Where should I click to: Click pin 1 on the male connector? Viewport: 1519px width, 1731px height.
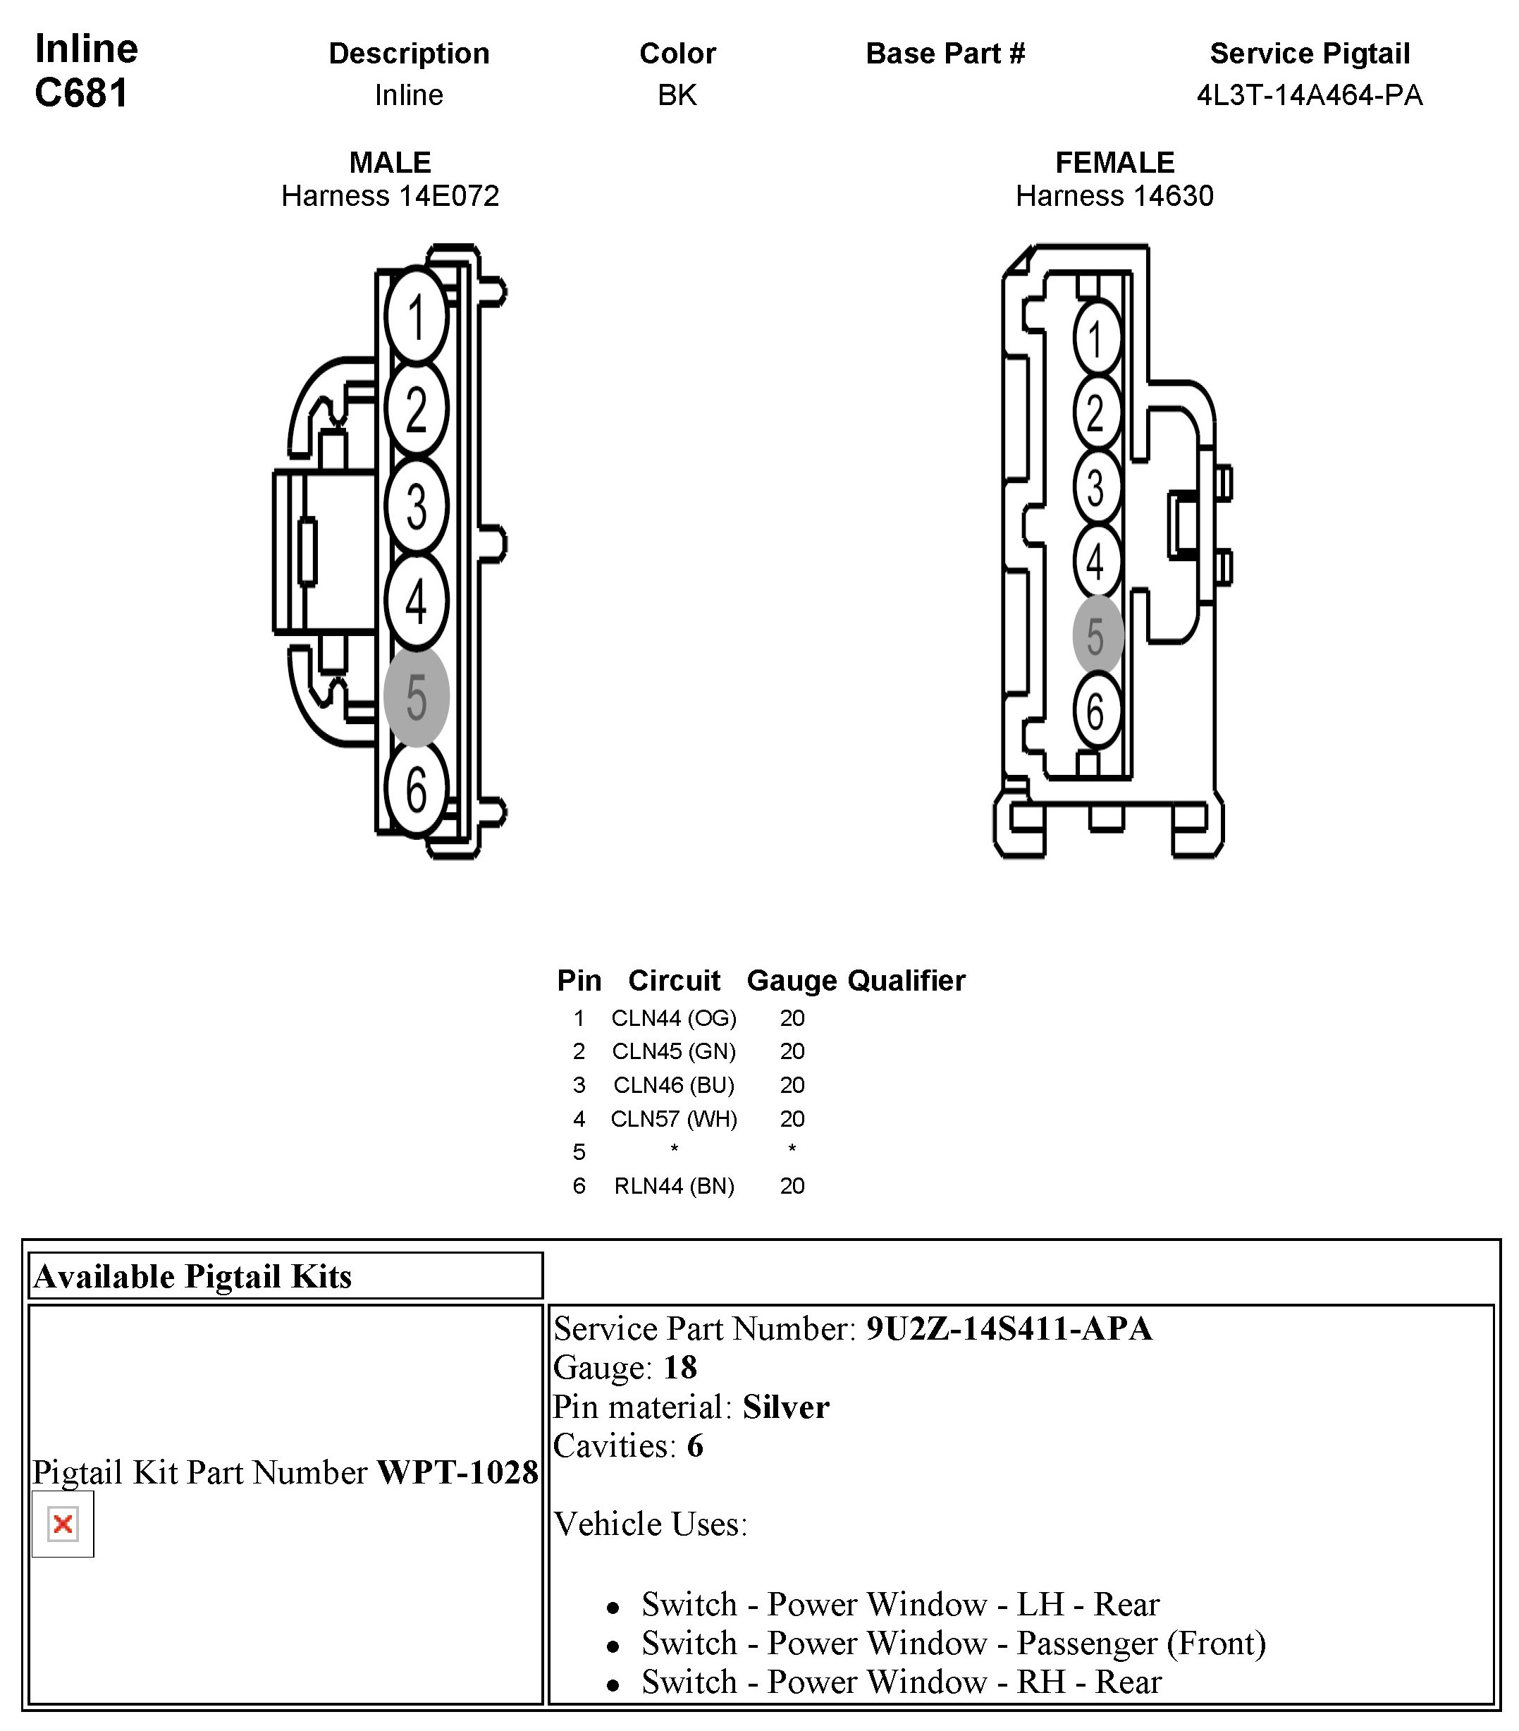click(415, 316)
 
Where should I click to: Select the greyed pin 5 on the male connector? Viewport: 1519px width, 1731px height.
click(416, 696)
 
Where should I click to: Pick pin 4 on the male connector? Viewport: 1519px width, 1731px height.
click(416, 601)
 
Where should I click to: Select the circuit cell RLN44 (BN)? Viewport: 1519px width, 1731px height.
click(673, 1186)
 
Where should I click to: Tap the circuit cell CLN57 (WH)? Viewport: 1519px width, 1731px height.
click(673, 1119)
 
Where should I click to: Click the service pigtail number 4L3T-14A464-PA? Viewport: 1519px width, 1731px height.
click(1309, 95)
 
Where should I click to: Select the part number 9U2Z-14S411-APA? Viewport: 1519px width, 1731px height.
click(1009, 1328)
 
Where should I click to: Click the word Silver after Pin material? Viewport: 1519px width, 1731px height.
click(786, 1407)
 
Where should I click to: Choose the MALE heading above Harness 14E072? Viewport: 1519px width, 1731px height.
click(390, 161)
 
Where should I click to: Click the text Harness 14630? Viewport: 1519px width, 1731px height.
click(1114, 195)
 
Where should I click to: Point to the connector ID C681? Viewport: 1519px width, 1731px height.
click(81, 93)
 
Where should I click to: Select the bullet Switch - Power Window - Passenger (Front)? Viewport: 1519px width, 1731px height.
click(954, 1643)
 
